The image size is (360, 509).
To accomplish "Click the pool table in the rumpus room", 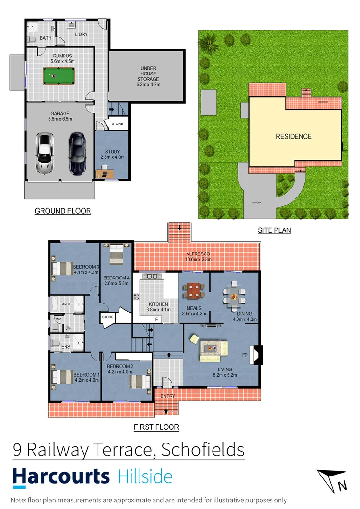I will pos(56,75).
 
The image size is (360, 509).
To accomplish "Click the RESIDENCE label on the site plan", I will pos(294,137).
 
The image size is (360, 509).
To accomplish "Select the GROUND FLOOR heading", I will pos(63,211).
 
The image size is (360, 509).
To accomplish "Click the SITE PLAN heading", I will pos(274,230).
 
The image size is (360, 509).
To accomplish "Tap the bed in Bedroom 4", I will pos(116,257).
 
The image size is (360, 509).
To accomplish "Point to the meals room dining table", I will pos(194,290).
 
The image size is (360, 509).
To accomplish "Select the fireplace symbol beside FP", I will pos(258,354).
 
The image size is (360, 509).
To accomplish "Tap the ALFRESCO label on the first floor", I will pos(197,255).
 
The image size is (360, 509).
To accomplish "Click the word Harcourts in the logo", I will pos(61,476).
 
